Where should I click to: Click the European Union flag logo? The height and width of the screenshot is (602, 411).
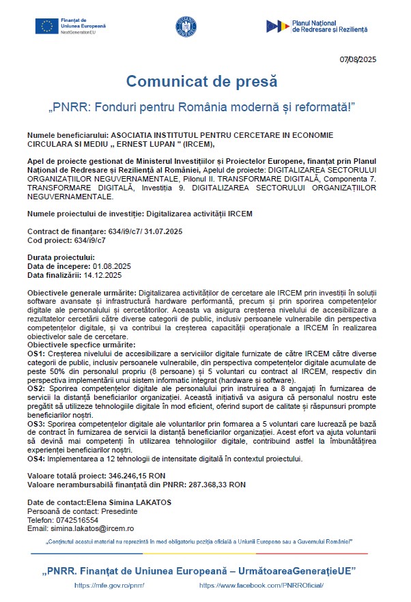47,26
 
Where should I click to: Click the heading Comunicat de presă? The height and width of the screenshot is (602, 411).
201,81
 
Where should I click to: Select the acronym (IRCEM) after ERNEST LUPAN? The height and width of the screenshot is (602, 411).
197,144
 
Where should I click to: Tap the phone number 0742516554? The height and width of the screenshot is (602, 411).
79,519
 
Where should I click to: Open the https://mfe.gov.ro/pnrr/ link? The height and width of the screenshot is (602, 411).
109,585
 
